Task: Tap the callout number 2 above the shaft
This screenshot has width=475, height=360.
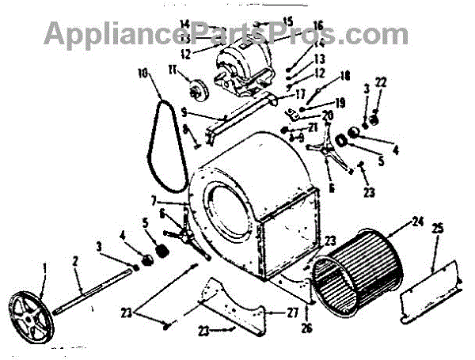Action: point(77,260)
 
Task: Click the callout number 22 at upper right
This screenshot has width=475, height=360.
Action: point(382,81)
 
